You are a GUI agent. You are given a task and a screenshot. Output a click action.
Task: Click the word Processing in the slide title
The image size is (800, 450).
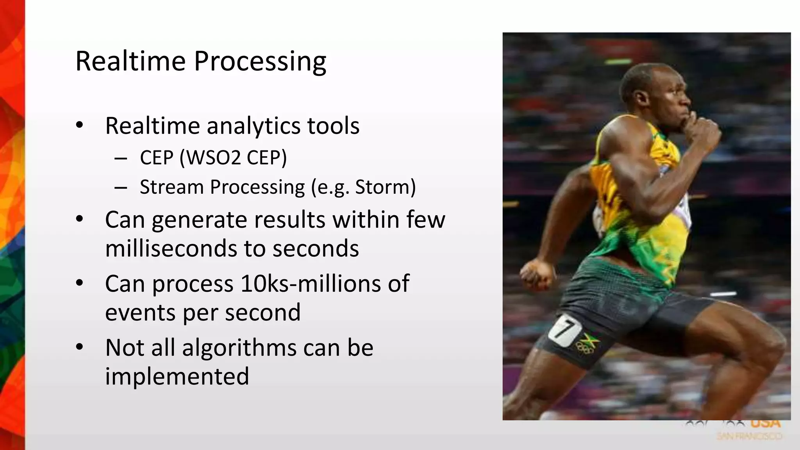tap(260, 62)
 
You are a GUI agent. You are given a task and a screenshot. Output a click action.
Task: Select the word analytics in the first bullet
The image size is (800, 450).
tap(254, 126)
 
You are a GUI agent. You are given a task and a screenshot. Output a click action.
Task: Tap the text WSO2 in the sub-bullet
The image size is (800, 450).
tap(211, 158)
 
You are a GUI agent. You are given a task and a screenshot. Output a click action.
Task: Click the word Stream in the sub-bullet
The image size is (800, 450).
tap(171, 187)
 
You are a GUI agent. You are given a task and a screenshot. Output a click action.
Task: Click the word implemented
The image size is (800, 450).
tap(177, 376)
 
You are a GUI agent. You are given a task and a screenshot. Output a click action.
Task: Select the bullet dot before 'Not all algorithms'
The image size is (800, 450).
tap(80, 347)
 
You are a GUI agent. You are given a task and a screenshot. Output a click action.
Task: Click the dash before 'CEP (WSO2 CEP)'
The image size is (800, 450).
tap(121, 158)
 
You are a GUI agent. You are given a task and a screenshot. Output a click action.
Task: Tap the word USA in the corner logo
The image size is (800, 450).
tap(765, 423)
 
